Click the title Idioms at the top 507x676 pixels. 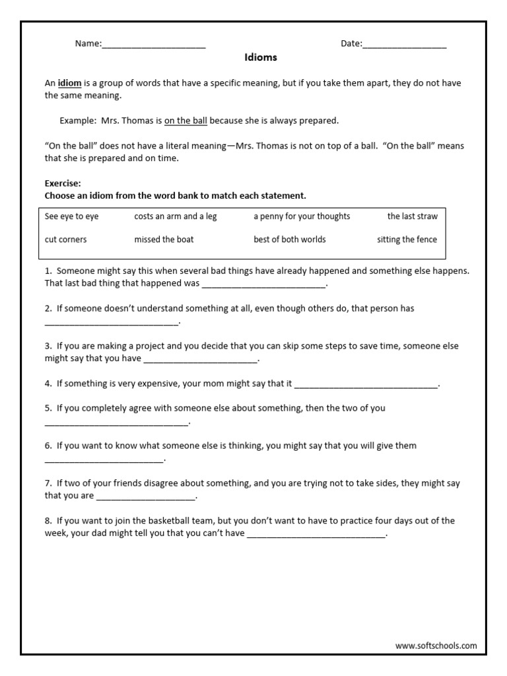tap(260, 57)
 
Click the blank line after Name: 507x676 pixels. tap(154, 46)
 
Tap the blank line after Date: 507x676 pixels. tap(404, 46)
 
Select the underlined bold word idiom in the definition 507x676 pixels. tap(69, 83)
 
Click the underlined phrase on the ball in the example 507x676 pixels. tap(186, 121)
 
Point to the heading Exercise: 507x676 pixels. tap(63, 184)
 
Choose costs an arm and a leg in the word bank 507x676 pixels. tap(175, 217)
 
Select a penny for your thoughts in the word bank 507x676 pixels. tap(302, 217)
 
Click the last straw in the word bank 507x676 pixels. tap(412, 217)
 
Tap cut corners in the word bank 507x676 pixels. tap(65, 240)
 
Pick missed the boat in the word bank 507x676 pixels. tap(164, 240)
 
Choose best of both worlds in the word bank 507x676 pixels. tap(289, 240)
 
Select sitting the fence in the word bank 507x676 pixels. tap(407, 240)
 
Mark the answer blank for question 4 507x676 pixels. tap(366, 385)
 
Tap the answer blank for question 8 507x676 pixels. tap(316, 535)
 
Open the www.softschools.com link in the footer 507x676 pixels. tap(436, 646)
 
